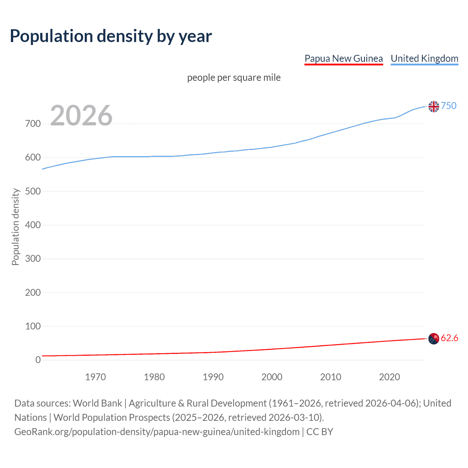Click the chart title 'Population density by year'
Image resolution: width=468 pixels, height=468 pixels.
pos(111,36)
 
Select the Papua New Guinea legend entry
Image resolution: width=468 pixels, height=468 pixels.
pos(343,58)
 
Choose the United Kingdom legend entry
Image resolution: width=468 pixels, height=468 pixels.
pos(424,58)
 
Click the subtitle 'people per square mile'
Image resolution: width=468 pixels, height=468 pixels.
pos(234,78)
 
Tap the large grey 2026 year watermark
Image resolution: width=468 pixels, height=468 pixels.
pos(81,116)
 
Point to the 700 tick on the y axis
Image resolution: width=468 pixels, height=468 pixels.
pos(33,124)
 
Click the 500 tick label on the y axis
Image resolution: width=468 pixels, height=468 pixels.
pos(33,191)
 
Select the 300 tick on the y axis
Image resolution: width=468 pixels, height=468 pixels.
pos(33,259)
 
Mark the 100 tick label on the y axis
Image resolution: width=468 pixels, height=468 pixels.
pos(33,326)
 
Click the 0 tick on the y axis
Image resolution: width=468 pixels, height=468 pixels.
pos(38,360)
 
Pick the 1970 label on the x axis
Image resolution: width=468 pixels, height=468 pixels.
pos(95,377)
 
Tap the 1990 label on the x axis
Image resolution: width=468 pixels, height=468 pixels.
pos(213,377)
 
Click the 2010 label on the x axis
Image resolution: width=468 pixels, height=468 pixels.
pos(331,377)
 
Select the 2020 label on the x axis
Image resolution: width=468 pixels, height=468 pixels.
pos(389,377)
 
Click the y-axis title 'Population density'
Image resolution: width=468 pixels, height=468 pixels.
pos(15,227)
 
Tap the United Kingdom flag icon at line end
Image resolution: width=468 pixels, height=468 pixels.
pos(434,106)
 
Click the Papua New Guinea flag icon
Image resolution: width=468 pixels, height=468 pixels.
pos(434,339)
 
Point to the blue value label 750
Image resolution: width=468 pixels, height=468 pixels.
pos(449,106)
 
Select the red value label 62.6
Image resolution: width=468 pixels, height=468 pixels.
pos(449,338)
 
